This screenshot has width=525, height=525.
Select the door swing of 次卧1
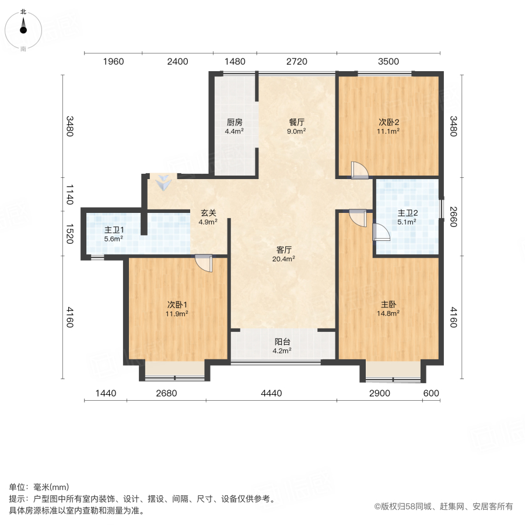click(x=204, y=263)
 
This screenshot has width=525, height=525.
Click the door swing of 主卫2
click(x=381, y=232)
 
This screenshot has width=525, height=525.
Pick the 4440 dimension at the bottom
click(x=271, y=394)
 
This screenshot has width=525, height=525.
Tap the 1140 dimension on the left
click(x=69, y=194)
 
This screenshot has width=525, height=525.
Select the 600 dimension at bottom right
click(x=430, y=394)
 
